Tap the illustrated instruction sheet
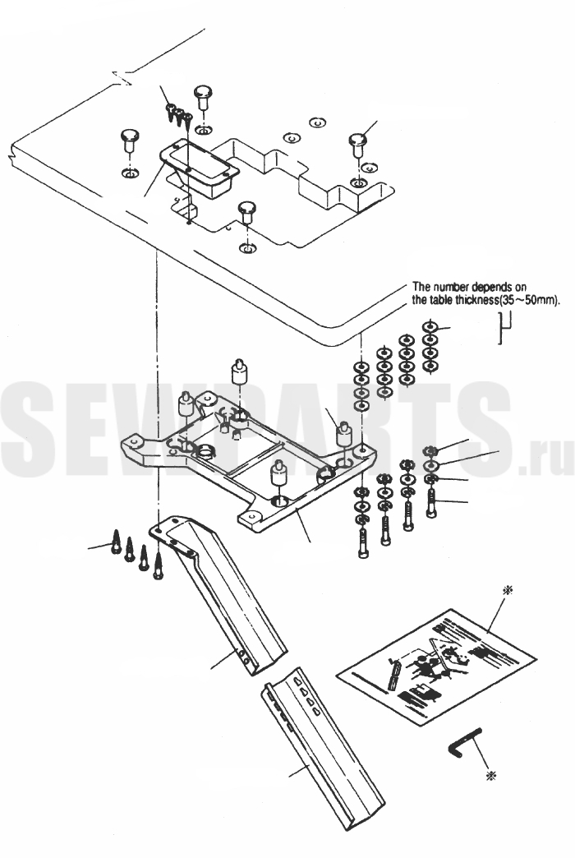436,667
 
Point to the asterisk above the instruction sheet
509,590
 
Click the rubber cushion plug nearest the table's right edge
358,143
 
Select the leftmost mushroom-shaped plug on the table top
130,141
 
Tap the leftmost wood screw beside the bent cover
116,542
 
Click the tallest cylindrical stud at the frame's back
239,372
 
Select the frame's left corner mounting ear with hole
135,442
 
